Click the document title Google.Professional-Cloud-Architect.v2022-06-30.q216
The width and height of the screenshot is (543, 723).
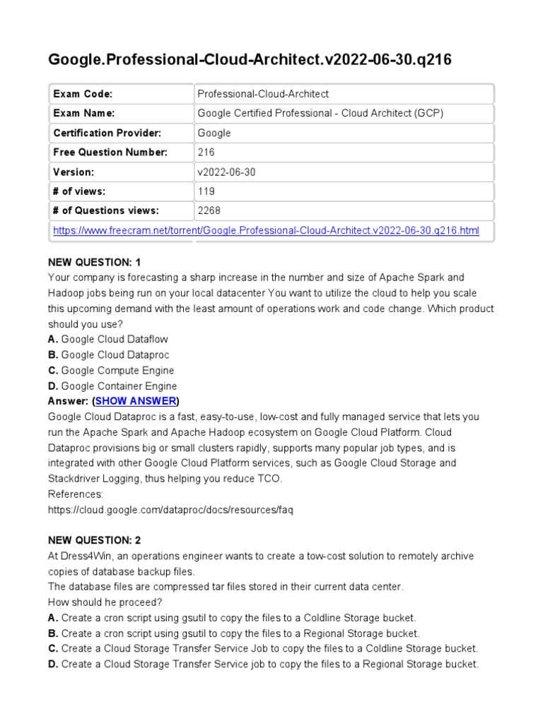[250, 60]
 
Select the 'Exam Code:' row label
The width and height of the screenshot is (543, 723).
[83, 94]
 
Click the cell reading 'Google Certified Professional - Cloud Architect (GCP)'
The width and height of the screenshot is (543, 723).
[320, 114]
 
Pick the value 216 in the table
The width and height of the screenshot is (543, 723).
[206, 153]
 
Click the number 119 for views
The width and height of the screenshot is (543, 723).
[206, 191]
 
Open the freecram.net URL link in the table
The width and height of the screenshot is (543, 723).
[267, 230]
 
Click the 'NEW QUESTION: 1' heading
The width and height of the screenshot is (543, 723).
[95, 262]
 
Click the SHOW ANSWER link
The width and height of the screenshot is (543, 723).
[136, 401]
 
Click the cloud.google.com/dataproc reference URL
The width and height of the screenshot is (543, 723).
[170, 510]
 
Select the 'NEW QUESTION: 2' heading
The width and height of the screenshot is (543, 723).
[95, 540]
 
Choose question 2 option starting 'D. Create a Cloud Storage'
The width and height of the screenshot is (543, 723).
[263, 664]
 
